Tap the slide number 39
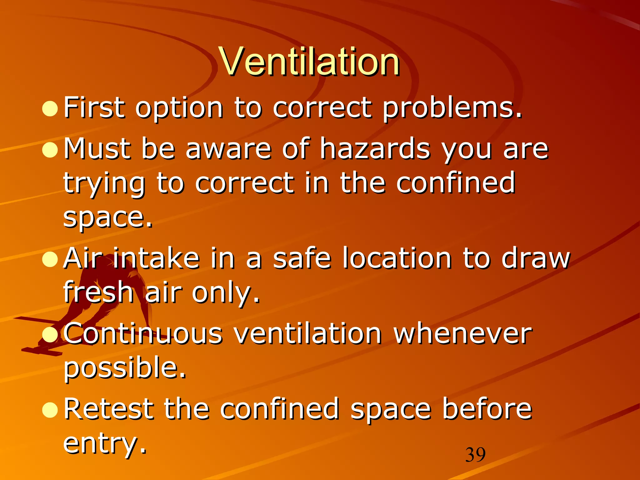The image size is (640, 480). pos(475,455)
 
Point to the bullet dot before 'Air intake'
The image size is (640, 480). pos(50,259)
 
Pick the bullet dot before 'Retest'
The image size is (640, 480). pos(50,410)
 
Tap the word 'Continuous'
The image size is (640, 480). pos(143,334)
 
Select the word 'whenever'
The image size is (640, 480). pos(462,334)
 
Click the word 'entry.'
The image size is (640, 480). pos(105,444)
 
